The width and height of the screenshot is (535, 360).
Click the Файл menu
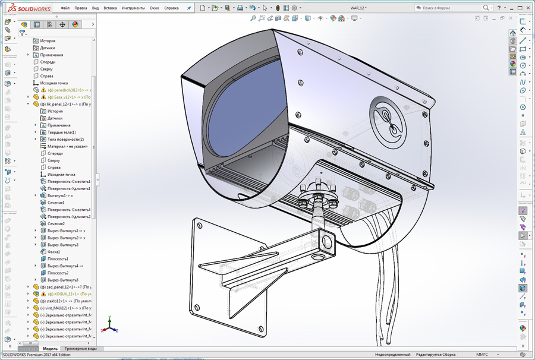(x=65, y=8)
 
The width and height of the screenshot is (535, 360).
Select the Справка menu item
(x=171, y=8)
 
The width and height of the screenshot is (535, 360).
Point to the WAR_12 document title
(x=358, y=8)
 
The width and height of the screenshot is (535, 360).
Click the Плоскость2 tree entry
(x=58, y=273)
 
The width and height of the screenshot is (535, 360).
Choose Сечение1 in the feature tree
(x=56, y=203)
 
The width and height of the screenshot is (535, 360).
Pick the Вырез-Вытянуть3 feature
(x=62, y=245)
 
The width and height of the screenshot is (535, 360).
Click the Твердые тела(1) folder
(x=62, y=132)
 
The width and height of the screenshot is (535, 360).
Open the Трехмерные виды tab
(x=80, y=349)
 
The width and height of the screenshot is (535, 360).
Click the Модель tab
(x=51, y=349)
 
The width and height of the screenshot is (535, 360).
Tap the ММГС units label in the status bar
(x=481, y=355)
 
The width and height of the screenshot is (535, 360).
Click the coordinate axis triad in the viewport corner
(x=109, y=326)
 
